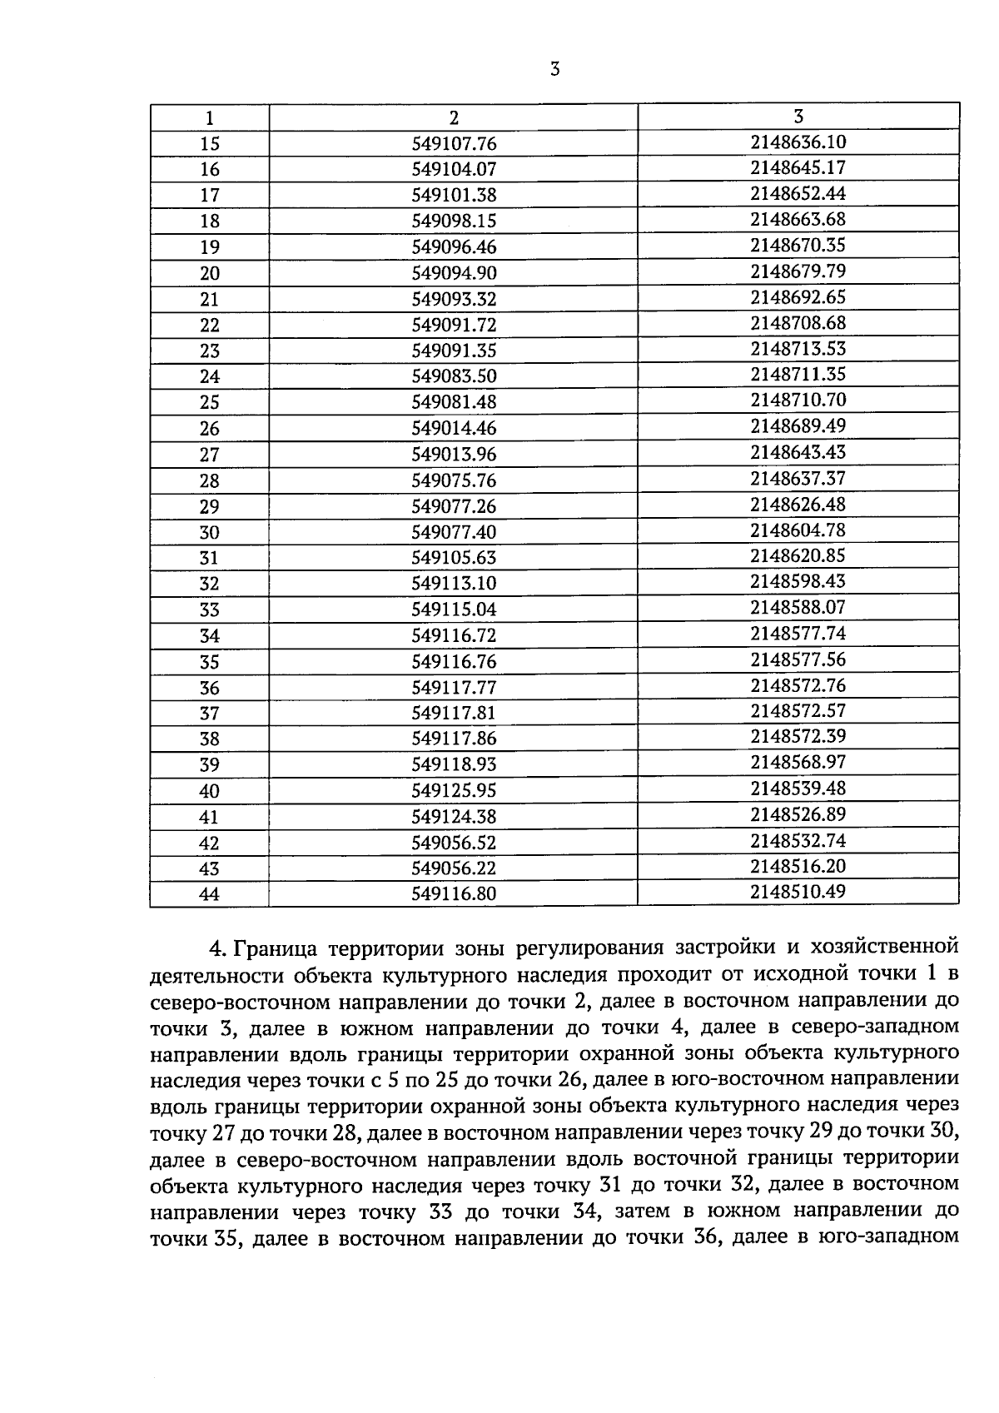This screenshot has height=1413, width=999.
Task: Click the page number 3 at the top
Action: tap(554, 70)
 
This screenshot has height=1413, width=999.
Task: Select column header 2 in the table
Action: tap(454, 117)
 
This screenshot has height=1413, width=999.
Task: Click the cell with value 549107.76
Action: tap(454, 143)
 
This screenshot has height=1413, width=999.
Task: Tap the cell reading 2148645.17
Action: tap(798, 167)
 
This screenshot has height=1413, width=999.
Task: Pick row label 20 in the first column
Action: tap(210, 273)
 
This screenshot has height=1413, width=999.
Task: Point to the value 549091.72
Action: tap(454, 325)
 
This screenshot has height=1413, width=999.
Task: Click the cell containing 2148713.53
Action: tap(798, 348)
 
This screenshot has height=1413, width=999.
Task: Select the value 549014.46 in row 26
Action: tap(454, 428)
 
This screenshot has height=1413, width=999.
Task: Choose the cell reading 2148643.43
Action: tap(798, 452)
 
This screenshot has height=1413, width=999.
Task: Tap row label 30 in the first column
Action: tap(210, 532)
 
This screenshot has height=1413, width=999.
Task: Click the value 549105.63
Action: tap(454, 557)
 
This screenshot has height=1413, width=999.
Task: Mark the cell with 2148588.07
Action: tap(798, 607)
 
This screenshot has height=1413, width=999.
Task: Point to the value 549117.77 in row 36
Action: tap(454, 687)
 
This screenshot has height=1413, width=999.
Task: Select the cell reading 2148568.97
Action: tap(798, 762)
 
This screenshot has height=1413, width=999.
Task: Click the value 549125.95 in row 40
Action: tap(454, 790)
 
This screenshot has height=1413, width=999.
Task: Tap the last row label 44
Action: tap(210, 894)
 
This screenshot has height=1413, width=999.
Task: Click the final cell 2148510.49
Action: tap(798, 892)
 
